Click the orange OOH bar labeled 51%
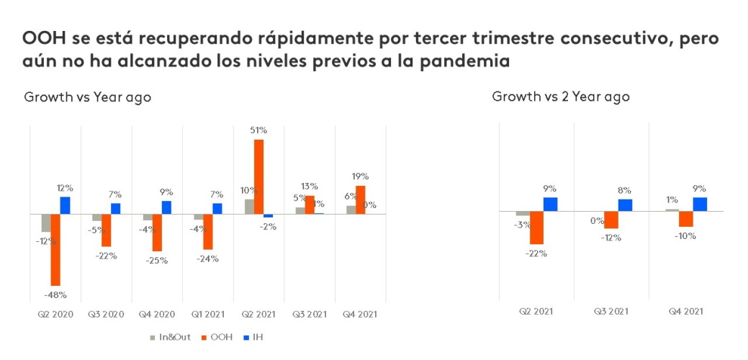259,176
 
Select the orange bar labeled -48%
55,250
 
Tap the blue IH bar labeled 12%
65,205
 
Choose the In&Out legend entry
171,336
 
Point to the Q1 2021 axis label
208,314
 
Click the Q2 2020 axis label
55,314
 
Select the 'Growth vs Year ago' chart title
88,97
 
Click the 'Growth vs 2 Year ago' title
560,96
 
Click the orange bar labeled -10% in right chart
685,219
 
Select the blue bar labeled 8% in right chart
625,204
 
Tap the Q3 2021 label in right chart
611,311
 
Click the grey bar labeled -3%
523,214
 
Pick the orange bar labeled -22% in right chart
536,228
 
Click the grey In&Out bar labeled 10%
249,207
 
